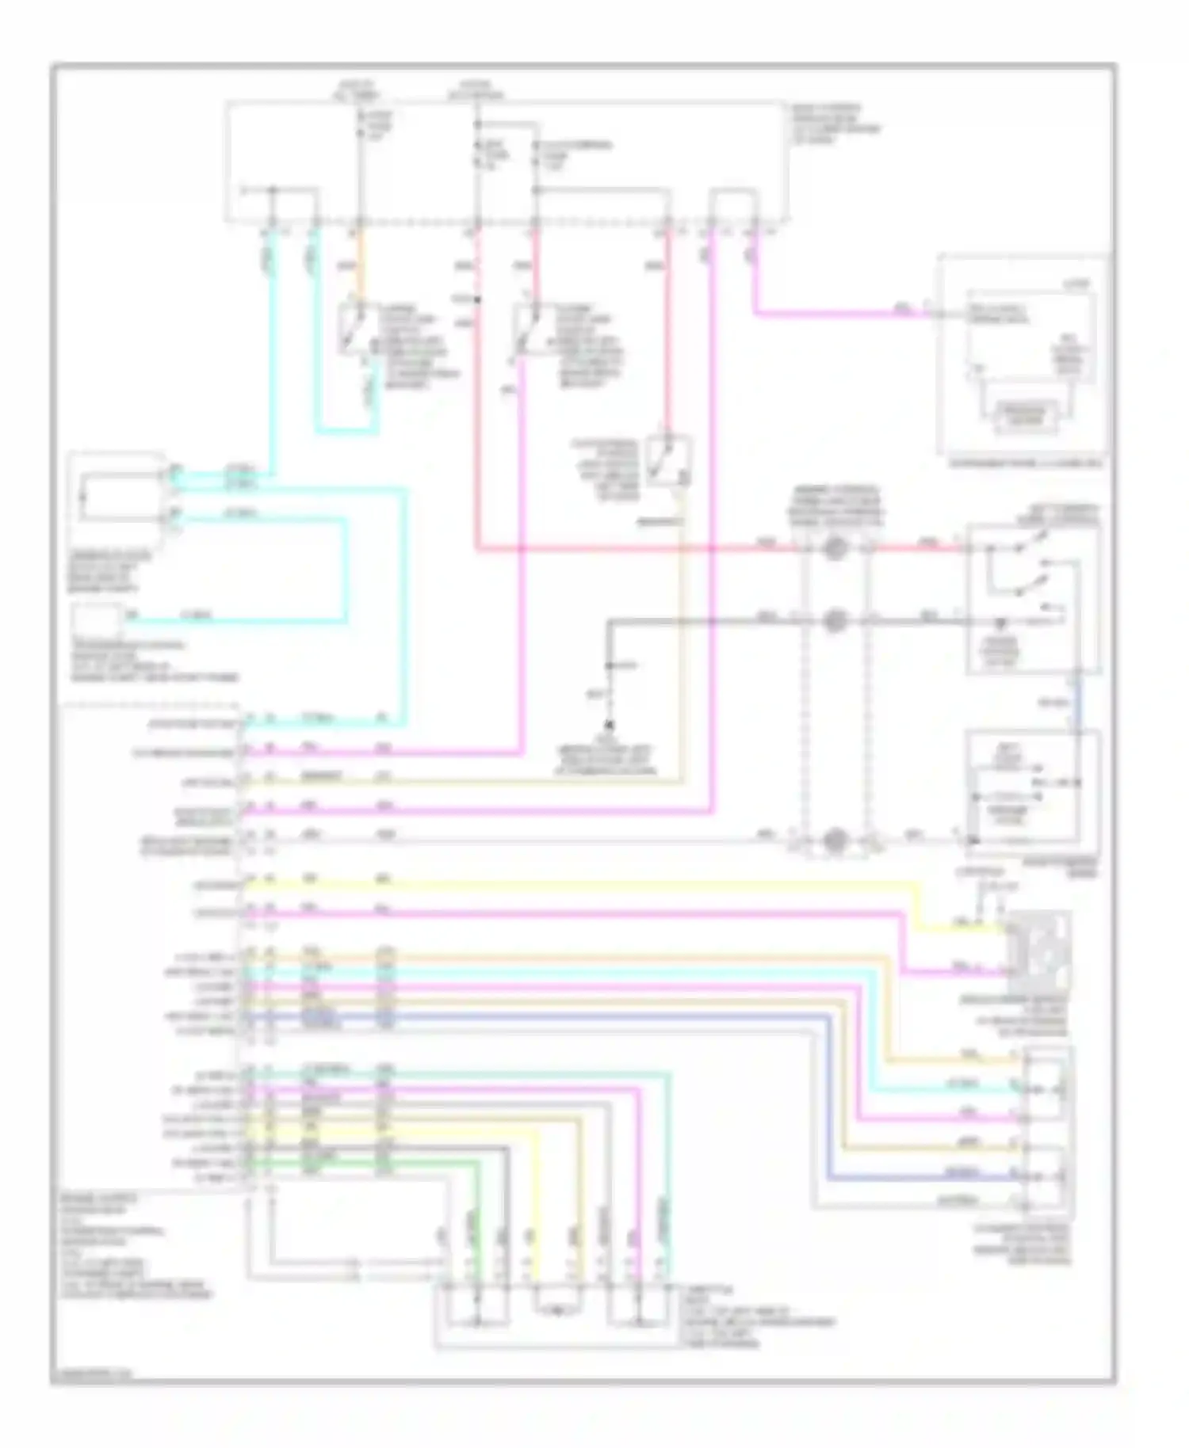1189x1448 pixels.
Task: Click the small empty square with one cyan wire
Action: click(98, 619)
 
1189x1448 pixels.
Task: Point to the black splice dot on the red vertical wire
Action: click(477, 300)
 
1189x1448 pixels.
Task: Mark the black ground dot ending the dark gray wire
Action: click(609, 724)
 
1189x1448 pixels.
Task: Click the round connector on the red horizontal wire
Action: click(833, 548)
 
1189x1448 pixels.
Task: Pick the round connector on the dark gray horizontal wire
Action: click(833, 620)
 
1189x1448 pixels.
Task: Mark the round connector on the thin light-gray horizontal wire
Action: click(833, 840)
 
